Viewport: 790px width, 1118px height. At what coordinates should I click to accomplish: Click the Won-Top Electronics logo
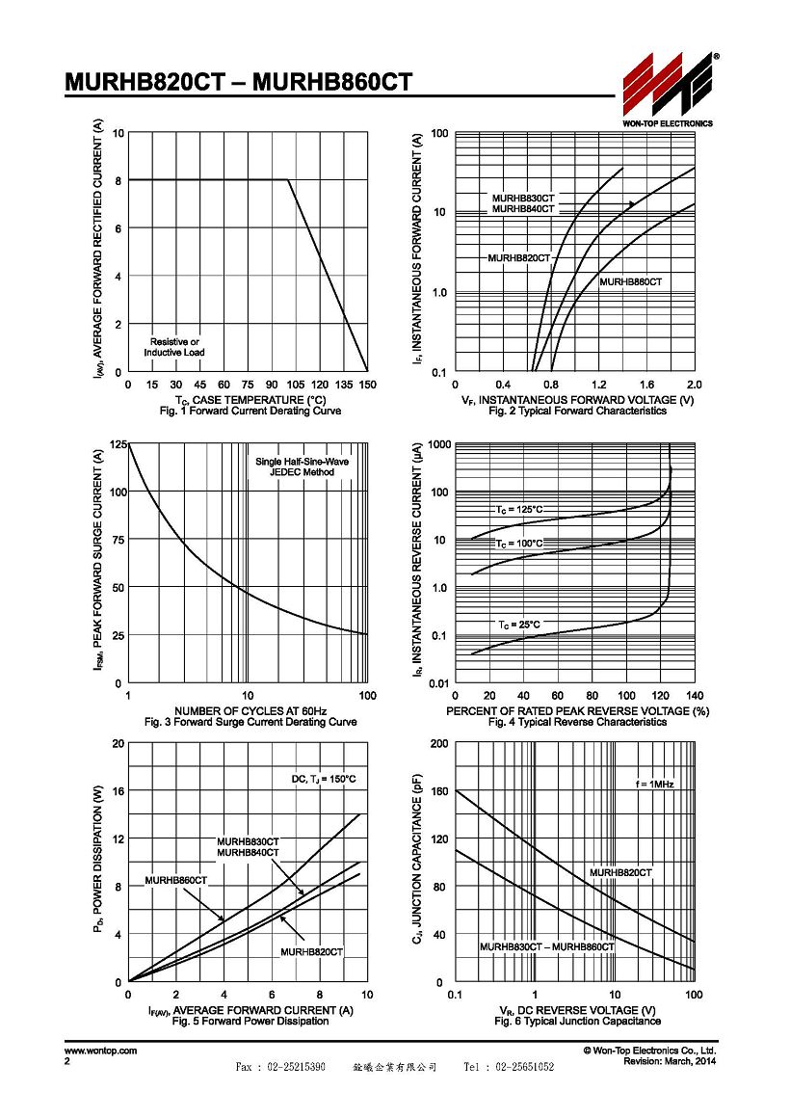point(668,89)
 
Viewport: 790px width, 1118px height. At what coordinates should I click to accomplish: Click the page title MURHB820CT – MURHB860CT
point(238,82)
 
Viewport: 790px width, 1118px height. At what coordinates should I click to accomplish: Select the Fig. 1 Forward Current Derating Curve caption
point(250,412)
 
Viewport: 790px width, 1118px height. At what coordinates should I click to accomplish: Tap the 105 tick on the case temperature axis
point(296,385)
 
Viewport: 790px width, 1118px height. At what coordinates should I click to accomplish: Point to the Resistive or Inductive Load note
point(174,347)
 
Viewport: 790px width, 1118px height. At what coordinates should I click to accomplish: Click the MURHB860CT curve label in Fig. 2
point(630,282)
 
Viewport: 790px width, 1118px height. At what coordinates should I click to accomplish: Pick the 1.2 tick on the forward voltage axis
point(598,385)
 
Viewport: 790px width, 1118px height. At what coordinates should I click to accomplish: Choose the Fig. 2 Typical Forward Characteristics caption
point(577,412)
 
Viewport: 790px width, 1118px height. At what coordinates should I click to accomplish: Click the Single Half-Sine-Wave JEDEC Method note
point(303,467)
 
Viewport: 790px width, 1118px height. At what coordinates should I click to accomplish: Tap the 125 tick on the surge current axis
point(118,444)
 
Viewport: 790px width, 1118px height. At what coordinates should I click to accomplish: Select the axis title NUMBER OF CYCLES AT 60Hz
point(250,711)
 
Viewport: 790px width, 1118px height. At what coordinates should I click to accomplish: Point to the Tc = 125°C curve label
point(520,510)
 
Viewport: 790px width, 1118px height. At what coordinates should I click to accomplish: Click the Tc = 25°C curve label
point(519,625)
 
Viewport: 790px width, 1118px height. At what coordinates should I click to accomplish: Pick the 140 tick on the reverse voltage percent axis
point(695,696)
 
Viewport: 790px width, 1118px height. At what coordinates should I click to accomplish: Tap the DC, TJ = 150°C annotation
point(324,780)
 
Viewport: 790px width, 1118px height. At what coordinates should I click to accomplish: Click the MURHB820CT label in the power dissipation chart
point(311,952)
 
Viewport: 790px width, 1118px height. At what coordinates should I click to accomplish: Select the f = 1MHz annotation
point(654,785)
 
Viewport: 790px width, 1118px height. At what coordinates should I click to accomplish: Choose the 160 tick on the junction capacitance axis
point(440,791)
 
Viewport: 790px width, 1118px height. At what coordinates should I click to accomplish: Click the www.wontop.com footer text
point(100,1051)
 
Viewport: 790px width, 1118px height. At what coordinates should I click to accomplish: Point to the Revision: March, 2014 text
point(671,1062)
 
